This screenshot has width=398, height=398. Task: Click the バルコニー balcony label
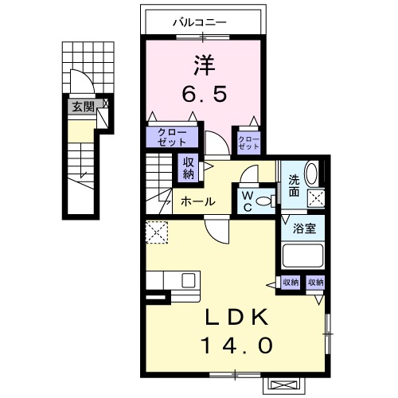(x=200, y=22)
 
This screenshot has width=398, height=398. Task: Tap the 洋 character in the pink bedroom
(x=204, y=65)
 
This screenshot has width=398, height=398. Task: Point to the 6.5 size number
(x=205, y=95)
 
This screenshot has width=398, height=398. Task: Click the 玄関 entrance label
(x=84, y=107)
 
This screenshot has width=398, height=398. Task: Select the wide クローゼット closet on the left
(x=172, y=137)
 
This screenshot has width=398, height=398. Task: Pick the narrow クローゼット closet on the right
(x=249, y=142)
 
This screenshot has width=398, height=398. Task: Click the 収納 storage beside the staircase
(x=188, y=168)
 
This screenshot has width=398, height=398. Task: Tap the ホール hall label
(x=197, y=202)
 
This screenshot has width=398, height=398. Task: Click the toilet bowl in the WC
(x=263, y=201)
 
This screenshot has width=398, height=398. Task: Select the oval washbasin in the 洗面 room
(x=311, y=173)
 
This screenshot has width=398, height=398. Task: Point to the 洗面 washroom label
(x=294, y=185)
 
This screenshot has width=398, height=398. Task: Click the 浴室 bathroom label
(x=304, y=228)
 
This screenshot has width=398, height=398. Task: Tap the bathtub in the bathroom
(x=302, y=256)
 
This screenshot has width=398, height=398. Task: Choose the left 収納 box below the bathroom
(x=291, y=283)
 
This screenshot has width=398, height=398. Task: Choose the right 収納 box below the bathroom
(x=315, y=283)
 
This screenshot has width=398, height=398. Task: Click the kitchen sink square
(x=189, y=281)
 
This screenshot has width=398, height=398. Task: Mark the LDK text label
(x=236, y=317)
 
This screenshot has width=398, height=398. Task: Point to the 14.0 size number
(x=237, y=345)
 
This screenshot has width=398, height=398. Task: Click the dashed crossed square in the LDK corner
(x=157, y=232)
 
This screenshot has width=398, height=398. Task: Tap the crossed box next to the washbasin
(x=316, y=198)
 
